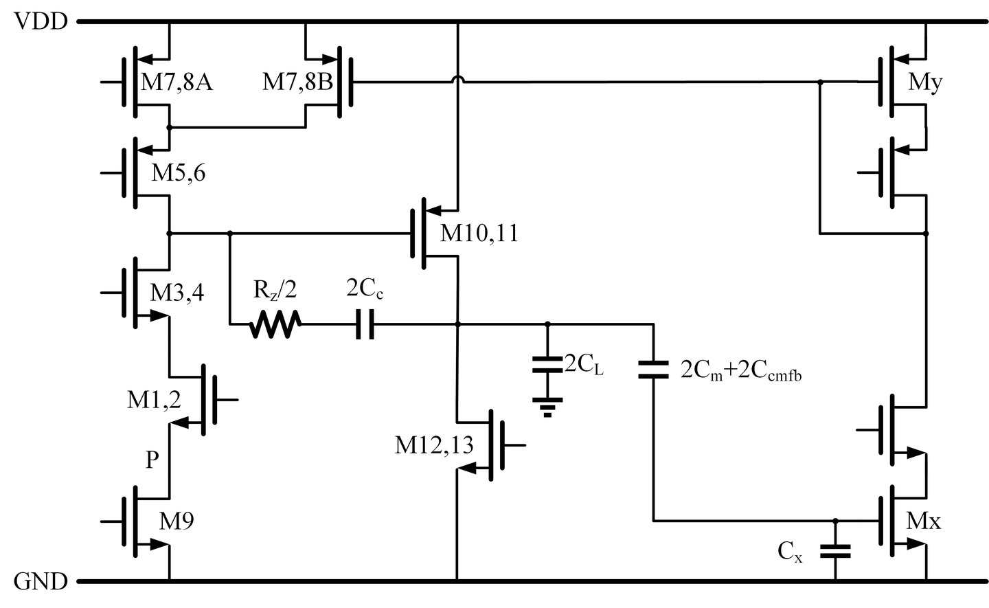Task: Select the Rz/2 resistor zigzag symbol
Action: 275,324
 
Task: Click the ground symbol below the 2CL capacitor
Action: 547,407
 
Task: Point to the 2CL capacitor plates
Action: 547,364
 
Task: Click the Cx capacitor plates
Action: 836,550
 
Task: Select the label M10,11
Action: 479,234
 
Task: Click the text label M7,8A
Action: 177,83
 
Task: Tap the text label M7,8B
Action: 297,83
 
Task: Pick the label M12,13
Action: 434,445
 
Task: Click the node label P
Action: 152,461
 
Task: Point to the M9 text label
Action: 177,521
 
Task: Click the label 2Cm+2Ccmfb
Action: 742,371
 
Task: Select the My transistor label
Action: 925,83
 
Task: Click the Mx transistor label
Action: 924,521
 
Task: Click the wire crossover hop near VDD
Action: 457,82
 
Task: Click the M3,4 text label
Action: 177,293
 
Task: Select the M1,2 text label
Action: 154,399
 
